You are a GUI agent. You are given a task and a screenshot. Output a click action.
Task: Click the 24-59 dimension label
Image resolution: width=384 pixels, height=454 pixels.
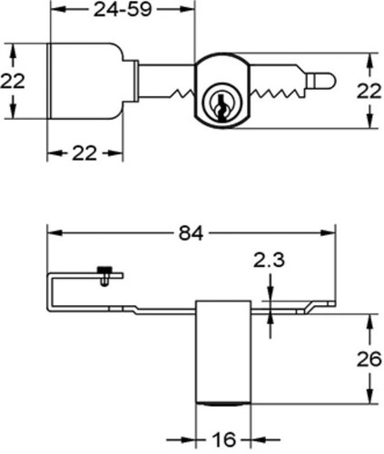[123, 9]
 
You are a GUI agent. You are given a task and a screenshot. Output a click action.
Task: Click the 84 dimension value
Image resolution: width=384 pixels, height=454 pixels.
[191, 233]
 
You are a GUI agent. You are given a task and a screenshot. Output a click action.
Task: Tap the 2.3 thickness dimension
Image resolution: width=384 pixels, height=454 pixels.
[269, 261]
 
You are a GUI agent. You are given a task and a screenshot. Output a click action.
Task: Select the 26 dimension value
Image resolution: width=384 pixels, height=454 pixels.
[369, 360]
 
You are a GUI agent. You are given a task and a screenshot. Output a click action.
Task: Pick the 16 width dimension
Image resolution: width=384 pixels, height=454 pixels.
[224, 439]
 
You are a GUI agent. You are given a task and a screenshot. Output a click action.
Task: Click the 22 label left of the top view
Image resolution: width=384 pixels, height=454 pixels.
[13, 82]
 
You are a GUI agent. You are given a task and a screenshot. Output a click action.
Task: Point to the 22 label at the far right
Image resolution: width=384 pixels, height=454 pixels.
[369, 91]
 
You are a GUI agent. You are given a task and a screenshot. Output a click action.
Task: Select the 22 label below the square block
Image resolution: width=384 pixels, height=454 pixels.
[84, 153]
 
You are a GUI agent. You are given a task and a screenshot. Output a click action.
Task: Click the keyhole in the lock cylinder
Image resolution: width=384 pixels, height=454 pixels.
[222, 107]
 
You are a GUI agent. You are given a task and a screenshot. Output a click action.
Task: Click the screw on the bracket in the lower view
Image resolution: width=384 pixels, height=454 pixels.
[104, 275]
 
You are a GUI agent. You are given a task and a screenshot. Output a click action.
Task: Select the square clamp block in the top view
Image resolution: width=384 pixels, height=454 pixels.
[85, 81]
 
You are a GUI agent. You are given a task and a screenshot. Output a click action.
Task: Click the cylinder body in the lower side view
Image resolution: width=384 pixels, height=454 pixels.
[223, 352]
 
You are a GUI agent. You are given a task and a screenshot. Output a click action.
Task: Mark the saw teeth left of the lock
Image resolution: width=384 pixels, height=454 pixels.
[182, 94]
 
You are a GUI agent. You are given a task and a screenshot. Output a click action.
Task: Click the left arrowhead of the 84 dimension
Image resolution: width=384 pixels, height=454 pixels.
[55, 233]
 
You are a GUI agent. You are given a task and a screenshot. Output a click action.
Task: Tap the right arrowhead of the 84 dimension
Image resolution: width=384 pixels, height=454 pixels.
[328, 233]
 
